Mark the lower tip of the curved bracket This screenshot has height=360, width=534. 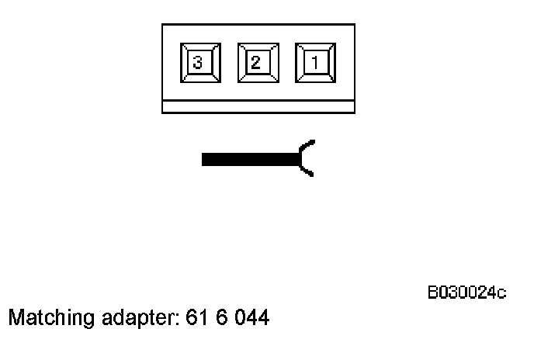pyautogui.click(x=313, y=175)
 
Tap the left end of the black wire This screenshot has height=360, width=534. pyautogui.click(x=203, y=160)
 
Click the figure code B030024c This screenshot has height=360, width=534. pyautogui.click(x=466, y=292)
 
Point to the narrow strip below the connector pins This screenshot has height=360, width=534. pyautogui.click(x=258, y=106)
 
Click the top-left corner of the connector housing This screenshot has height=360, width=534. pyautogui.click(x=162, y=25)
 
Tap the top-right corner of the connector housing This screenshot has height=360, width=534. pyautogui.click(x=354, y=25)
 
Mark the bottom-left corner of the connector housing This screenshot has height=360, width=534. pyautogui.click(x=162, y=112)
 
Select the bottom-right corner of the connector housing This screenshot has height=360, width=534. pyautogui.click(x=354, y=112)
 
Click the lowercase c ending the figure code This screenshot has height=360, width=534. pyautogui.click(x=502, y=293)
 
